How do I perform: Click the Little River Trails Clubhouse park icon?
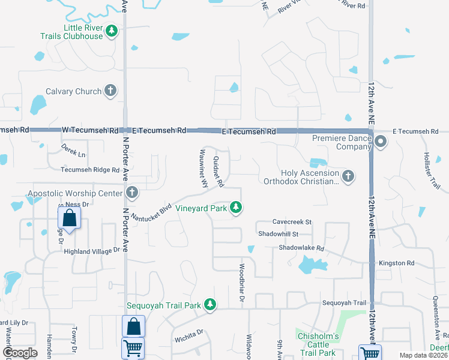pos(111,31)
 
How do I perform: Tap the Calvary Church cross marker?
pos(110,91)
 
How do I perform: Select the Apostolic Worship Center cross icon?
pos(132,193)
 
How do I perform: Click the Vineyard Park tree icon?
pos(237,208)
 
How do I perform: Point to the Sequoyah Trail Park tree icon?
pos(209,305)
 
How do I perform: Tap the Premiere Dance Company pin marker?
pos(381,142)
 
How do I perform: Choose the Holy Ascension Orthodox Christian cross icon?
pos(348,176)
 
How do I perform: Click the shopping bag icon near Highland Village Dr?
pos(70,219)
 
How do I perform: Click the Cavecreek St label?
pos(292,221)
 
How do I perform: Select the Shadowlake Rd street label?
pos(301,248)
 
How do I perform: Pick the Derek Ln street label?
pos(74,150)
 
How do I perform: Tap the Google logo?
pos(20,353)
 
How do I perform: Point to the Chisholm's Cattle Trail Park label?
pos(318,344)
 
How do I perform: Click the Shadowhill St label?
pos(278,233)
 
